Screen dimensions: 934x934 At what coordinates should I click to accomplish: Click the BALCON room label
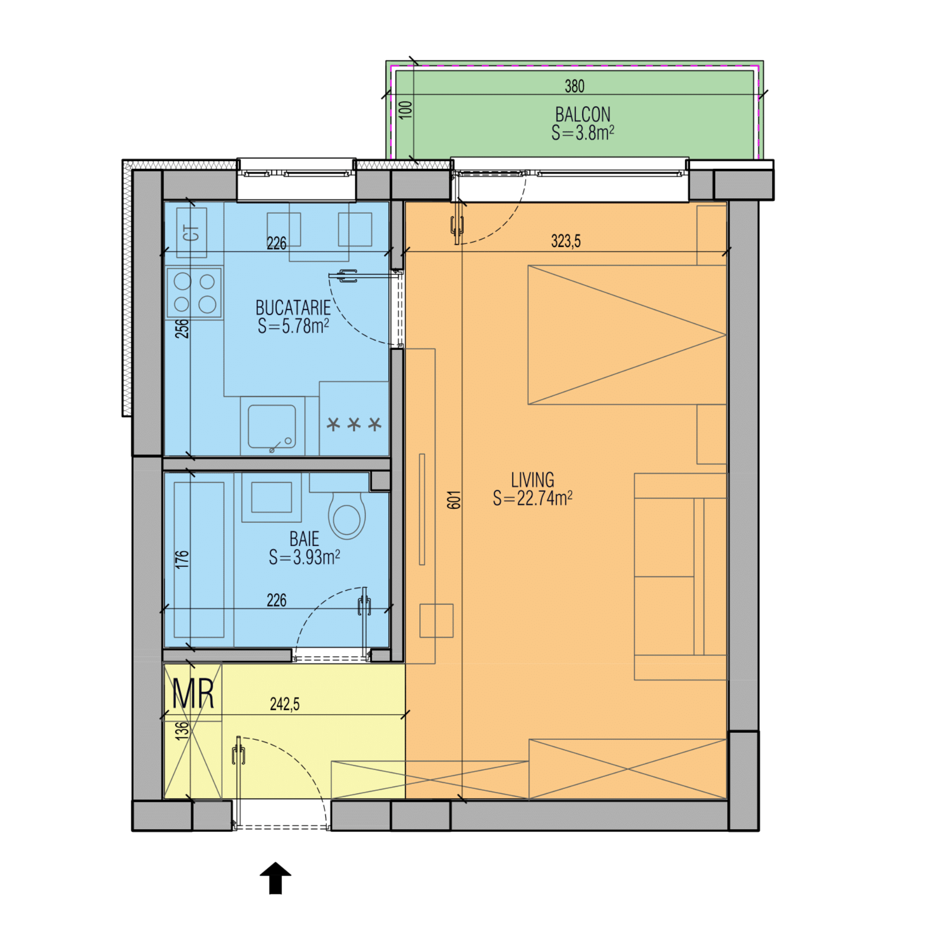pyautogui.click(x=582, y=115)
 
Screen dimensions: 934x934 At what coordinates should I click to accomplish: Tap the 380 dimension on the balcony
pyautogui.click(x=574, y=86)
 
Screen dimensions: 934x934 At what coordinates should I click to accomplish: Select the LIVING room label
pyautogui.click(x=533, y=479)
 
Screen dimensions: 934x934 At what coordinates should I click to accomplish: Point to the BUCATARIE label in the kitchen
pyautogui.click(x=293, y=308)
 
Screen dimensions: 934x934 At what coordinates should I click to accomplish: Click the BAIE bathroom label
pyautogui.click(x=304, y=539)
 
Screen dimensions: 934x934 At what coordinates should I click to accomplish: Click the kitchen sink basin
pyautogui.click(x=272, y=426)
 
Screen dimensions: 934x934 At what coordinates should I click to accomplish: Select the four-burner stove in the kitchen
pyautogui.click(x=194, y=293)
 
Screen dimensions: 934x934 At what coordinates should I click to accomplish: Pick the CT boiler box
pyautogui.click(x=192, y=232)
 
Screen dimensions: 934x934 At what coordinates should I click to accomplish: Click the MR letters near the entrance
pyautogui.click(x=193, y=694)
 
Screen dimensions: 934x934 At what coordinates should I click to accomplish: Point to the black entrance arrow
pyautogui.click(x=275, y=878)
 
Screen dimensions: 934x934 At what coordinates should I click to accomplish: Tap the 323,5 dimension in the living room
pyautogui.click(x=565, y=241)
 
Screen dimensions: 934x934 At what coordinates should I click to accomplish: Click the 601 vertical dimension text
pyautogui.click(x=454, y=500)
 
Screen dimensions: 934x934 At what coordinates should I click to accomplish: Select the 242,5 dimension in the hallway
pyautogui.click(x=285, y=704)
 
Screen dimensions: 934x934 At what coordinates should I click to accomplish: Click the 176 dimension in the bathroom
pyautogui.click(x=182, y=559)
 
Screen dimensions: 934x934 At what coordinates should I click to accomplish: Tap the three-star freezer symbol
pyautogui.click(x=354, y=424)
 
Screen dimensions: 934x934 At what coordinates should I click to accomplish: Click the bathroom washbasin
pyautogui.click(x=271, y=497)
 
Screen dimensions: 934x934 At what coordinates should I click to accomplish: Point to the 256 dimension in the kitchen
pyautogui.click(x=182, y=328)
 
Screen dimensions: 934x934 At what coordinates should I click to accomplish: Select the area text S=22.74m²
pyautogui.click(x=533, y=498)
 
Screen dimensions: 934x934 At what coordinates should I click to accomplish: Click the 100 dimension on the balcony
pyautogui.click(x=406, y=109)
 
